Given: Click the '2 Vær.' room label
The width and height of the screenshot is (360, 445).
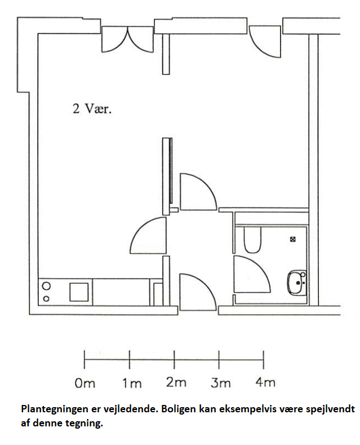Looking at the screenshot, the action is tap(92, 109).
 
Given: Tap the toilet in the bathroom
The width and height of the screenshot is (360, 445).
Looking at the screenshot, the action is tap(252, 240).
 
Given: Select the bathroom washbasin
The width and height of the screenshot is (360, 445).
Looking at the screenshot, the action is tap(297, 283).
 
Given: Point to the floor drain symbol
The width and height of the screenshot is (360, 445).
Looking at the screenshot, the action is tap(293, 239).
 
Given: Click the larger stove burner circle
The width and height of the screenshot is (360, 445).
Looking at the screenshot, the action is tap(47, 286).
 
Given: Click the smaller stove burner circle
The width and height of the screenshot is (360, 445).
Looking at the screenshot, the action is tap(46, 298).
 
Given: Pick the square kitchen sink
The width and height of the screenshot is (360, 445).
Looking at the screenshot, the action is tap(79, 292).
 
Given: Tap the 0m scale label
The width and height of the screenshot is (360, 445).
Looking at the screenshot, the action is tap(85, 384).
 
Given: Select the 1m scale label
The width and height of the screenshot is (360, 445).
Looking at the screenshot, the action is tap(132, 384).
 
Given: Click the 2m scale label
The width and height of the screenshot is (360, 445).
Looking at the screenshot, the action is tap(176, 382).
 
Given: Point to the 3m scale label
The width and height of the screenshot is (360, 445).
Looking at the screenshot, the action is tap(220, 383).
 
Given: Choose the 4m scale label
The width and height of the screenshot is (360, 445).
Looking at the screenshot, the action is tap(265, 382).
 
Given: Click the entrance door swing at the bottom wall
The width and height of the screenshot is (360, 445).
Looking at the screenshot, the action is tap(198, 292).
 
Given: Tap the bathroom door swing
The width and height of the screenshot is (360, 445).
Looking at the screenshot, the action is tap(252, 274).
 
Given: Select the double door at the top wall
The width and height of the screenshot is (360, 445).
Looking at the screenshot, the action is tap(127, 39).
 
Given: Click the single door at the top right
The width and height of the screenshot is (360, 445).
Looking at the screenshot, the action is tap(265, 42).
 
